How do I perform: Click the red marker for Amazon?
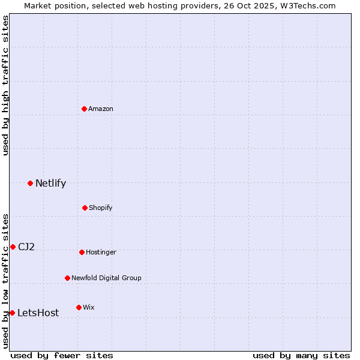click(x=85, y=109)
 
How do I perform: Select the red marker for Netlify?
click(x=30, y=183)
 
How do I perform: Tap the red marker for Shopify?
click(x=85, y=208)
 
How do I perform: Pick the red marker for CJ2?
click(x=13, y=247)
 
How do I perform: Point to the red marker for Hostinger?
click(x=82, y=252)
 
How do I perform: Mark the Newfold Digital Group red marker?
click(x=67, y=278)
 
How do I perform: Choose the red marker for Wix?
click(x=79, y=307)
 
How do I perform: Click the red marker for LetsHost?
click(x=12, y=313)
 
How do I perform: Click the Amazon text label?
click(x=101, y=109)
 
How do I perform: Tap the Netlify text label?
click(x=50, y=183)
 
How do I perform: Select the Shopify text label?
click(x=101, y=208)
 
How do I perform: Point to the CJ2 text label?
click(x=26, y=247)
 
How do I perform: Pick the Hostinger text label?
click(x=101, y=252)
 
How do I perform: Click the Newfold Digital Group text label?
click(x=106, y=278)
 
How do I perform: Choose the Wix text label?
click(x=89, y=307)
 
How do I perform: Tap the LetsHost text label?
click(x=38, y=313)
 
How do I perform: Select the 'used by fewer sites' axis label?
click(x=62, y=355)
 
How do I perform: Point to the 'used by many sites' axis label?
click(x=301, y=355)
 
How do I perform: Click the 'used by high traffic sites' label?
click(x=5, y=85)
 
